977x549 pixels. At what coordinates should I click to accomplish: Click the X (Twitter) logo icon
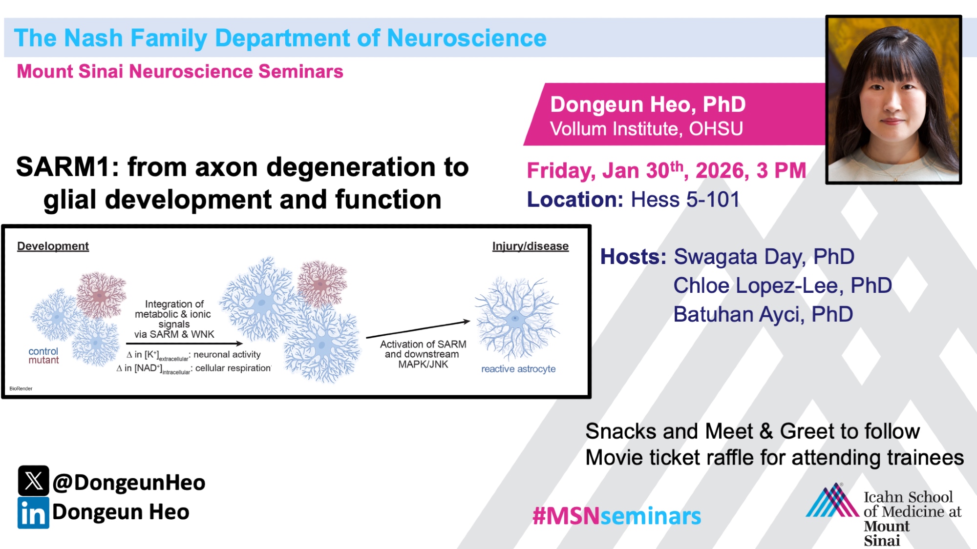pos(33,481)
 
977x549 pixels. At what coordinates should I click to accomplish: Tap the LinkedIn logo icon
pos(33,513)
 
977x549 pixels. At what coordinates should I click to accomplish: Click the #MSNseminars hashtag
pos(616,516)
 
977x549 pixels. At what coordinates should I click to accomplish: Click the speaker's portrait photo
pos(893,100)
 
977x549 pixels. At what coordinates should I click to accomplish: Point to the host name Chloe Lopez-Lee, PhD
pos(783,285)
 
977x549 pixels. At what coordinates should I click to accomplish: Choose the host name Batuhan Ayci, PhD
pos(763,314)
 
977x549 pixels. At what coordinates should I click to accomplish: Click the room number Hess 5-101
pos(685,200)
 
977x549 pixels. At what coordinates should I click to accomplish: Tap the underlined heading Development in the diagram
pos(53,246)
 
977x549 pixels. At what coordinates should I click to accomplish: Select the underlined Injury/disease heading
pos(531,246)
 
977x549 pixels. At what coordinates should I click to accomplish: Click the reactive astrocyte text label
pos(518,369)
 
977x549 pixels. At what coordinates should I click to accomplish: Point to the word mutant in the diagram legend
pos(43,360)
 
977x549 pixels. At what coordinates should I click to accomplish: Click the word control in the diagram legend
pos(43,351)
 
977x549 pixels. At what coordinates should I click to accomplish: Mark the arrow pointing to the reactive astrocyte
pos(418,329)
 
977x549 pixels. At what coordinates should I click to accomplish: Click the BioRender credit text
pos(21,388)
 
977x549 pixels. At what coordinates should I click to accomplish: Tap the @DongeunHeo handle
pos(129,483)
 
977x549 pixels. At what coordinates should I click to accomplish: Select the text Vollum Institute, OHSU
pos(646,129)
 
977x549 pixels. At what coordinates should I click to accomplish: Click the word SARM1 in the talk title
pos(67,167)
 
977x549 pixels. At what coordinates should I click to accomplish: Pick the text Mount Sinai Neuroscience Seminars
pos(180,71)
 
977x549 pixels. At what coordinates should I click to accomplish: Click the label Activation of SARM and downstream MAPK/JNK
pos(423,354)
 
